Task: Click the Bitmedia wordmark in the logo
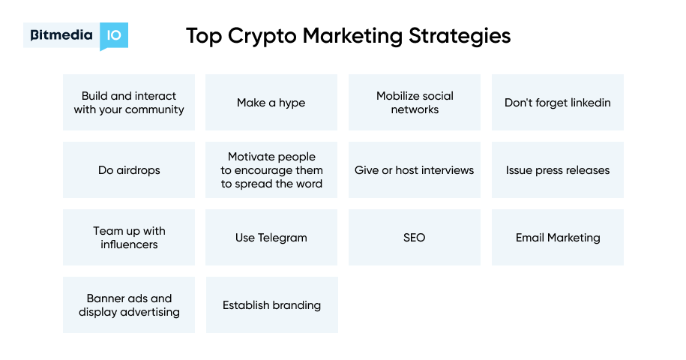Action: [x=61, y=34]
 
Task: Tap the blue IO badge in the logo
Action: [x=114, y=35]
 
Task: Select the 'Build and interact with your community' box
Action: [x=129, y=103]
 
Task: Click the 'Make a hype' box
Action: [x=271, y=103]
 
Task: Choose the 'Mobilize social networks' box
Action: [x=415, y=103]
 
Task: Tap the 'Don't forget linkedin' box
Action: [x=557, y=103]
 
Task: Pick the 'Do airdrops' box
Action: [x=129, y=170]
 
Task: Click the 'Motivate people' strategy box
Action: [x=271, y=170]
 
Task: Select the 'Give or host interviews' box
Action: [x=415, y=170]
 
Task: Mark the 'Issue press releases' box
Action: [x=557, y=170]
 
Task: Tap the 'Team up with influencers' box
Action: [x=129, y=238]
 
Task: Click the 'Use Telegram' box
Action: [x=271, y=238]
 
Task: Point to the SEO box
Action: [x=415, y=238]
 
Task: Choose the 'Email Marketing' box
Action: [x=557, y=238]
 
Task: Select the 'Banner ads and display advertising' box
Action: [x=129, y=305]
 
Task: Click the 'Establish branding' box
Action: [x=271, y=305]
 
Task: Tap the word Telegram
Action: [x=283, y=238]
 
